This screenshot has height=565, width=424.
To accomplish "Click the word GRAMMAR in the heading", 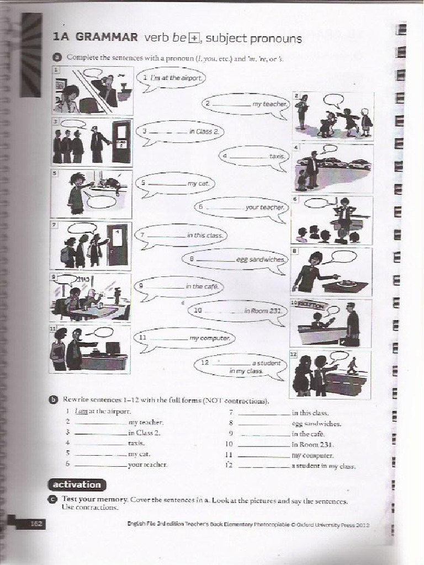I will click(x=107, y=38).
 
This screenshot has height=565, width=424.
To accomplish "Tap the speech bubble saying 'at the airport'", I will click(x=171, y=78).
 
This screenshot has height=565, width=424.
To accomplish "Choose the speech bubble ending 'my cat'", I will click(x=175, y=183).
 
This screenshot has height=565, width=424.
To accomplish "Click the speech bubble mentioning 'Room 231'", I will click(x=238, y=311).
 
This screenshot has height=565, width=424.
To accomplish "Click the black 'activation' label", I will click(x=77, y=484).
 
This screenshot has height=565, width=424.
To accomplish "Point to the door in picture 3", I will click(x=121, y=142).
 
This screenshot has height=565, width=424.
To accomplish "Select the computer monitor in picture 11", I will click(x=113, y=348).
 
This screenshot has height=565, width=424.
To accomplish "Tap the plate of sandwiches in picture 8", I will click(x=347, y=284).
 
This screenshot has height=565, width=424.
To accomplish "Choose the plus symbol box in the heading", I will click(x=193, y=38).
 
